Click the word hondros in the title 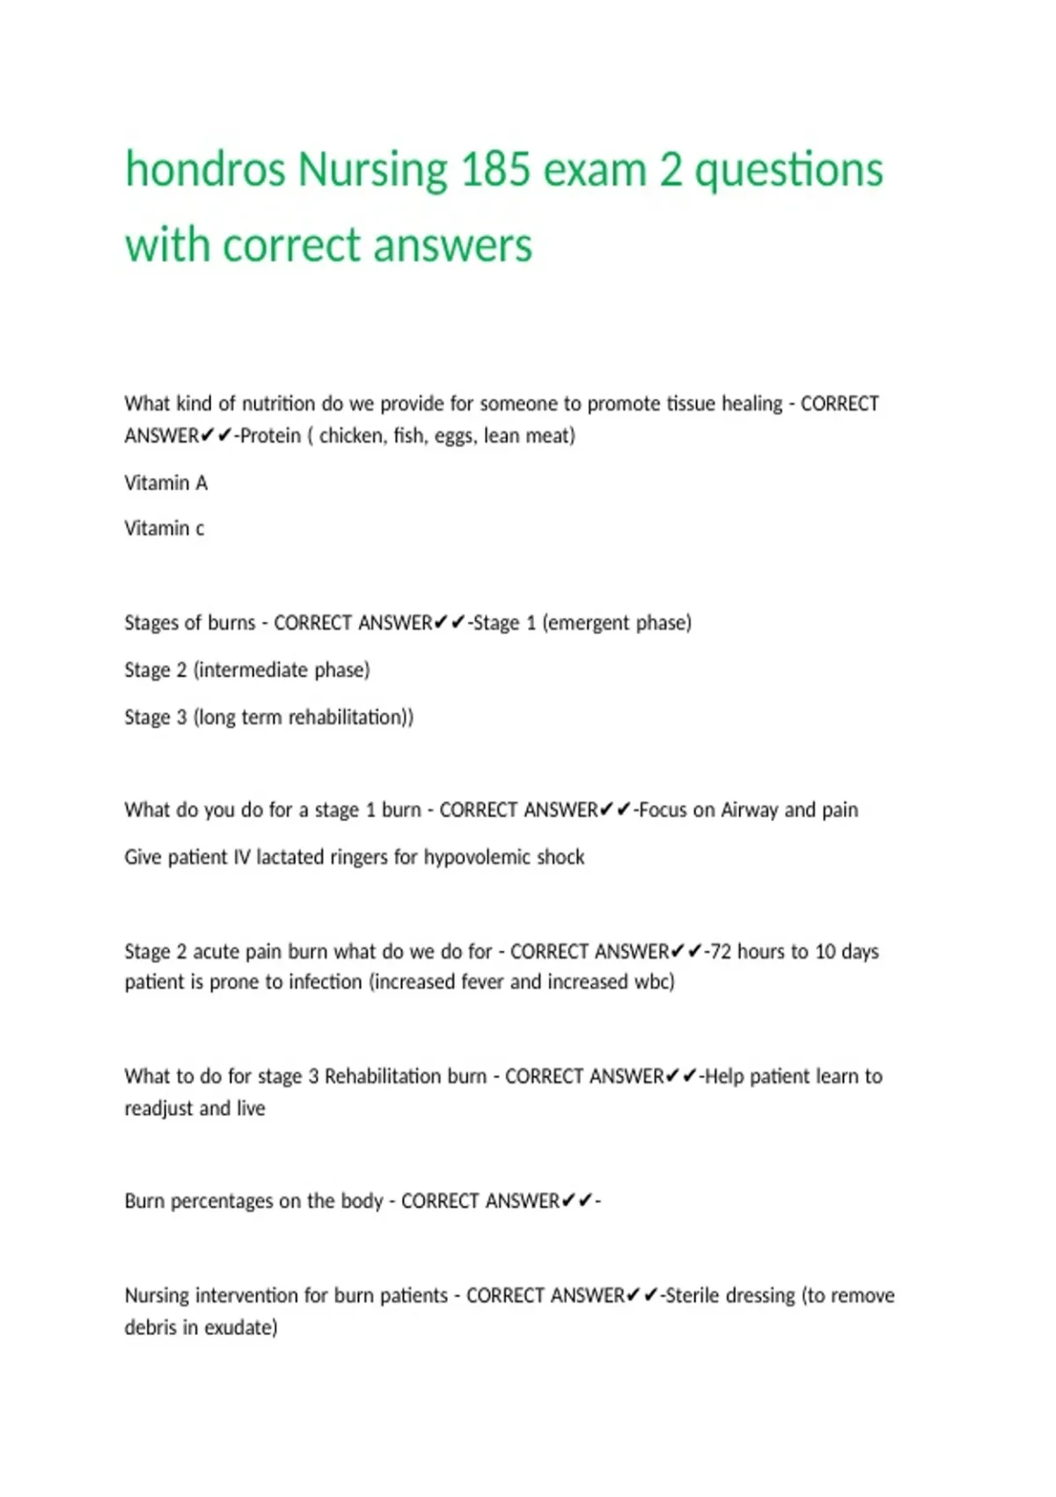tap(205, 169)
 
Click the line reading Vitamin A tap(165, 483)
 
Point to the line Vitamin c tap(164, 528)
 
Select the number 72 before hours tap(719, 952)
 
